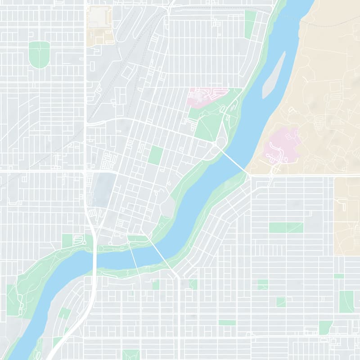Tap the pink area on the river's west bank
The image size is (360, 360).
pos(205,96)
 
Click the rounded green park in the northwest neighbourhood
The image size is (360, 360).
pos(39,54)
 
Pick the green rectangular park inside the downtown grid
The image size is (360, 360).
pos(155,155)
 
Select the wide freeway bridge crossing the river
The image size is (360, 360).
pos(95,259)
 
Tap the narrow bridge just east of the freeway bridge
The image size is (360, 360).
pos(134,259)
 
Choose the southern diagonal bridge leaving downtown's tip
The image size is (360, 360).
pos(160,254)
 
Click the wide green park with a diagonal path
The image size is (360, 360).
pos(286,227)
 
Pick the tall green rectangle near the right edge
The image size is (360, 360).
pos(346,301)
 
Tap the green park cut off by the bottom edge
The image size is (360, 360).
pos(130,355)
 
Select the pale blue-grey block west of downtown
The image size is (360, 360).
pos(103,189)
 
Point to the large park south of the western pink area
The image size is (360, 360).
pos(209,121)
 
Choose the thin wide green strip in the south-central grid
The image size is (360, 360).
pos(227,323)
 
